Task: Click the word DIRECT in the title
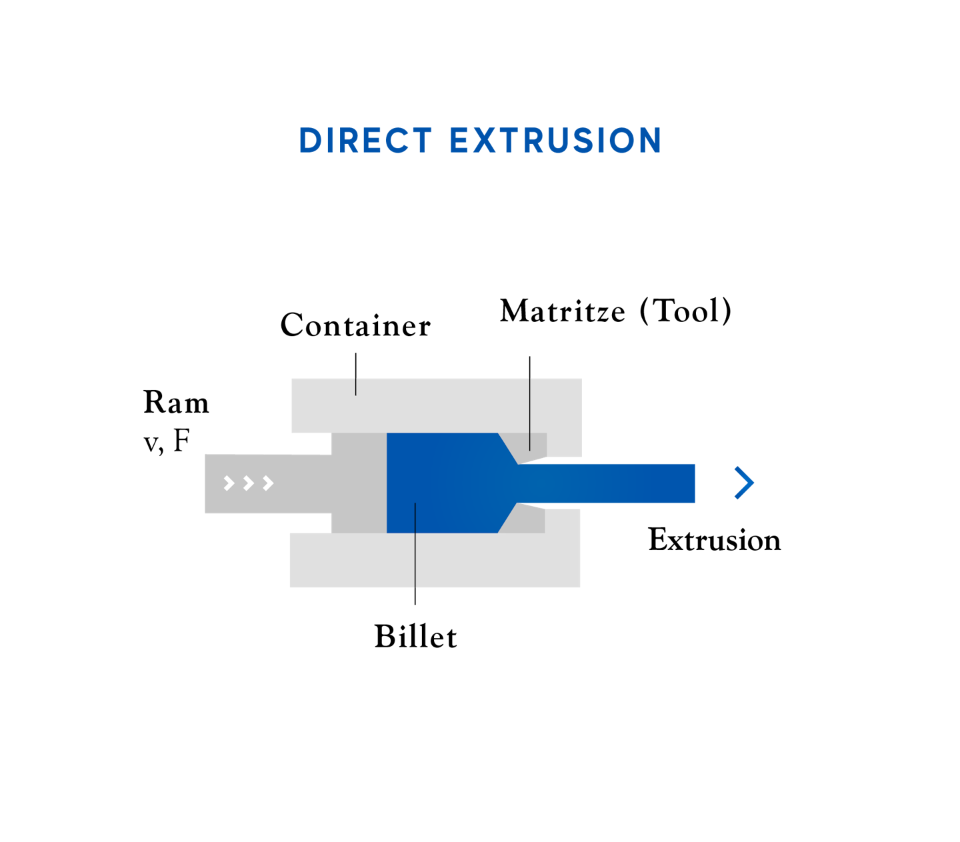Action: coord(365,140)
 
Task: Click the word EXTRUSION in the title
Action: coord(555,140)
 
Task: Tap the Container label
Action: coord(355,325)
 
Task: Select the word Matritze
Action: coord(563,311)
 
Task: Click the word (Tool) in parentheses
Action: coord(685,311)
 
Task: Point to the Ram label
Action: coord(176,402)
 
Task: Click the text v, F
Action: coord(167,441)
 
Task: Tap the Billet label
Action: coord(415,637)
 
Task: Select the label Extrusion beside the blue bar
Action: coord(715,540)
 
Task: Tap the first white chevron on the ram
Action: coord(229,483)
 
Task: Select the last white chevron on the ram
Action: coord(268,483)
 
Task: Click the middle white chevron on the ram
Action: coord(248,483)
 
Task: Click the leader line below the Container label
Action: coord(356,374)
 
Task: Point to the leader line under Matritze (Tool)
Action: coord(530,403)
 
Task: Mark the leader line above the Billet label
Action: coord(415,553)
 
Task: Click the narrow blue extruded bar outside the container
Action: coord(607,483)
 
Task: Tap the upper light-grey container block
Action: coord(437,405)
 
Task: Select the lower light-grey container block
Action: coord(435,560)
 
